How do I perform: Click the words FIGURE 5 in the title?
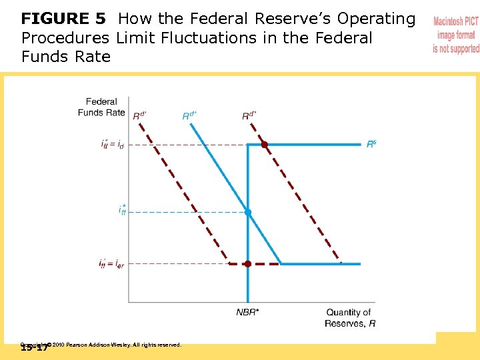click(65, 19)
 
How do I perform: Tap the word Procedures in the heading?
click(65, 38)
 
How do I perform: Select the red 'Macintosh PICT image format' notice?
click(456, 35)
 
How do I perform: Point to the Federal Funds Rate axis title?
click(101, 107)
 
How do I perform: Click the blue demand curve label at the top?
click(190, 115)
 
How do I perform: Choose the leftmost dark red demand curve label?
click(140, 115)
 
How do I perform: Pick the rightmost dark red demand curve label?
click(249, 115)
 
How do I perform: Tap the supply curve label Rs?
click(371, 144)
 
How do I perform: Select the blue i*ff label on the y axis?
click(122, 211)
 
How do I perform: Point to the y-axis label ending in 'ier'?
click(111, 264)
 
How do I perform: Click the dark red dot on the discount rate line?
click(264, 144)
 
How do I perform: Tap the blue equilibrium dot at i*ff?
click(247, 212)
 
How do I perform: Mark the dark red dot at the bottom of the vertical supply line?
click(247, 264)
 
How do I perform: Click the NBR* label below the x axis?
click(248, 312)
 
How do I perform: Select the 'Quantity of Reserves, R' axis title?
click(349, 318)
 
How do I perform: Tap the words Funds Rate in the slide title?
click(65, 57)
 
